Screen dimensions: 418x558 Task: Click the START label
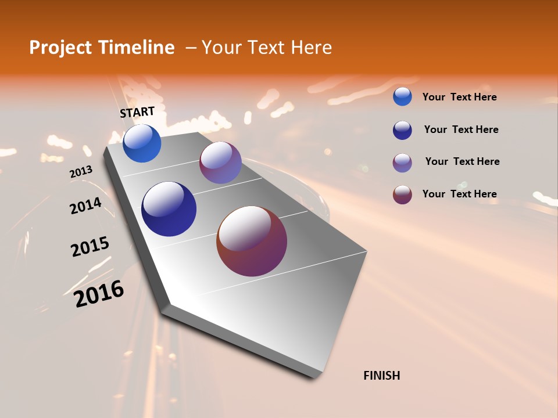click(x=137, y=112)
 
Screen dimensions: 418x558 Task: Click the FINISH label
click(x=381, y=376)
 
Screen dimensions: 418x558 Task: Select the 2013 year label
click(x=81, y=172)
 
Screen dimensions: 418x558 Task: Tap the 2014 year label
click(x=85, y=206)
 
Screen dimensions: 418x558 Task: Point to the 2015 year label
click(x=90, y=247)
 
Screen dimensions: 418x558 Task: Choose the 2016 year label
click(x=99, y=293)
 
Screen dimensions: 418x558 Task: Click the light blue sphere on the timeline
click(x=142, y=143)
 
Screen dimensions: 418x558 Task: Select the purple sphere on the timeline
click(x=220, y=163)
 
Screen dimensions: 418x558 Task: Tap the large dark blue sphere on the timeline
click(x=169, y=209)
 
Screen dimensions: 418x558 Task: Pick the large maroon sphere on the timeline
click(x=252, y=241)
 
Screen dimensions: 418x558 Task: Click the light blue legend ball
click(x=402, y=96)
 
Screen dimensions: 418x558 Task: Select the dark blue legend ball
click(x=402, y=130)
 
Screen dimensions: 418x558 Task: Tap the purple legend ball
click(x=402, y=163)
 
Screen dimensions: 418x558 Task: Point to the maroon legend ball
click(x=402, y=194)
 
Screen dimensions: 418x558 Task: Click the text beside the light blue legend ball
click(x=459, y=98)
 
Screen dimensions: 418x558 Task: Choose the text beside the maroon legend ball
click(x=459, y=194)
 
